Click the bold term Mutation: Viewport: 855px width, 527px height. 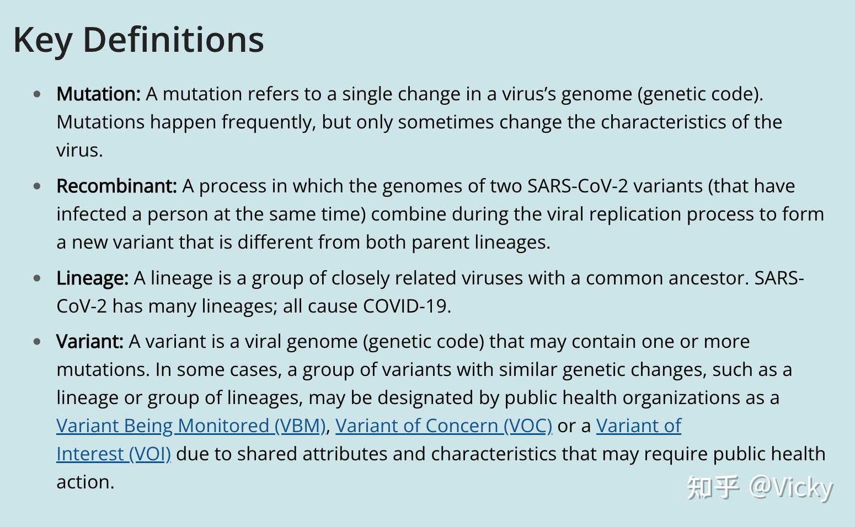coord(99,94)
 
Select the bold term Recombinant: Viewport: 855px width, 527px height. coord(116,186)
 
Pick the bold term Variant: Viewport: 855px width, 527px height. coord(90,342)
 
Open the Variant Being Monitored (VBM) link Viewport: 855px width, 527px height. coord(191,426)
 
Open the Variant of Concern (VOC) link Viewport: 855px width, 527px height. coord(444,426)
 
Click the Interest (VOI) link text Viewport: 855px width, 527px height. coord(114,454)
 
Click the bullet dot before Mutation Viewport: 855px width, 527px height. coord(37,94)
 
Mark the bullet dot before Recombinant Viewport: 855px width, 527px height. coord(37,186)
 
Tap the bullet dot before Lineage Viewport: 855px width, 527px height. coord(37,278)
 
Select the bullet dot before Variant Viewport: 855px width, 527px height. coord(37,342)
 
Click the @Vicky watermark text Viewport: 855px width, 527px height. coord(791,488)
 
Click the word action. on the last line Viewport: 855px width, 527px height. coord(85,482)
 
